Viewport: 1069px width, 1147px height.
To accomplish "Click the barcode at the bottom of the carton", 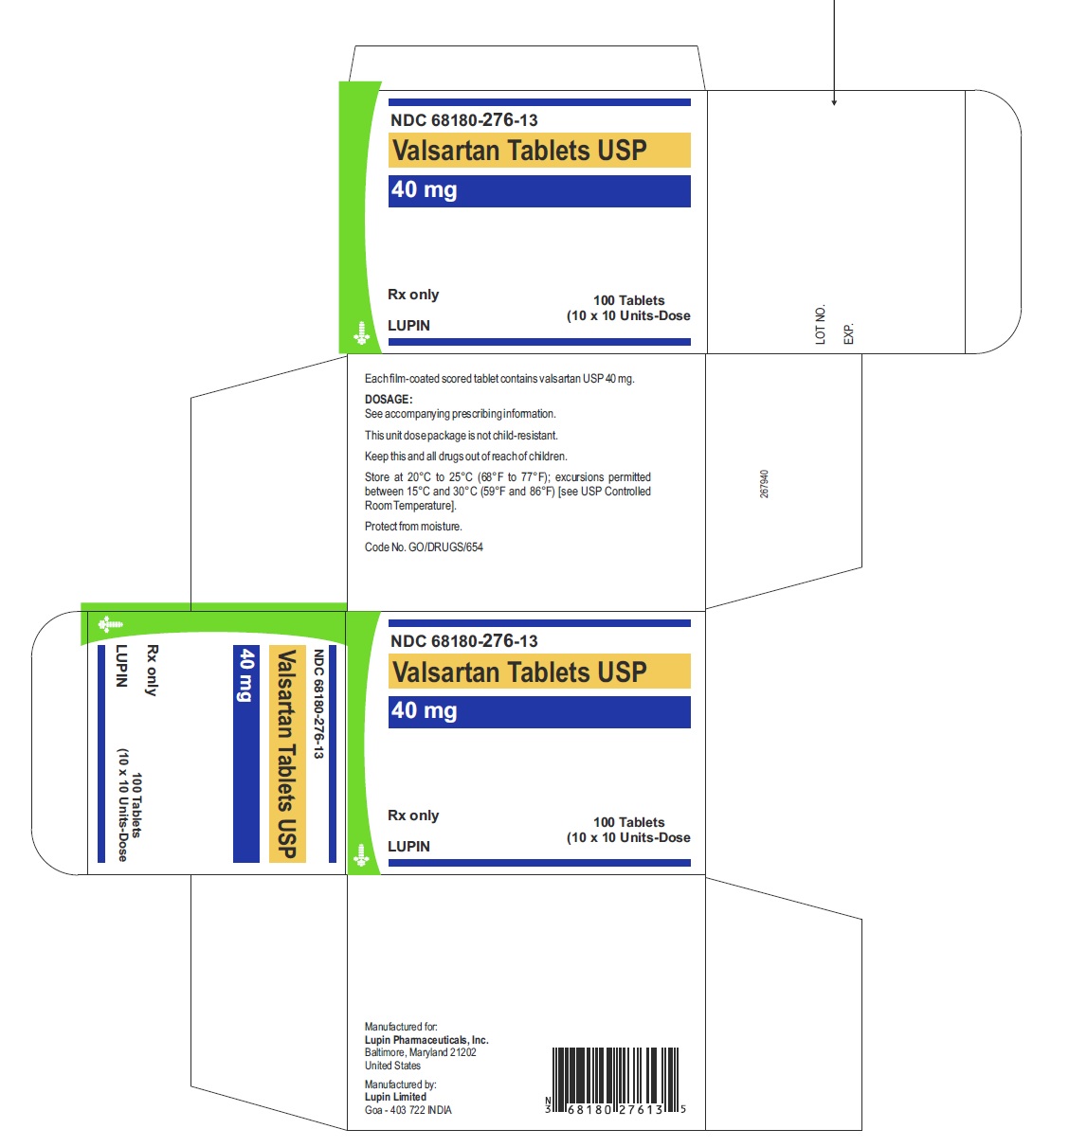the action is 615,1080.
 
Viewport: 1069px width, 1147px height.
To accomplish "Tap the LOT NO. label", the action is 820,324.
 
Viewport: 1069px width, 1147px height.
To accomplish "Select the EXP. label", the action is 848,333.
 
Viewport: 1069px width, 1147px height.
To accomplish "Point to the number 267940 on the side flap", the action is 764,483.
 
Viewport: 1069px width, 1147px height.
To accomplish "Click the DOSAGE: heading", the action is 388,399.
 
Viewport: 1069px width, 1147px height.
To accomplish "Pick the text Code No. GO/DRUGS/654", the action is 424,547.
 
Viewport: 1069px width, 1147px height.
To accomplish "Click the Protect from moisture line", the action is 413,526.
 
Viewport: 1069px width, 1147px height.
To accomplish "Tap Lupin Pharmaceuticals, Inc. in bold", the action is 426,1039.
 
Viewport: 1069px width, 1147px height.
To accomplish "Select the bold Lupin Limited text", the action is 395,1096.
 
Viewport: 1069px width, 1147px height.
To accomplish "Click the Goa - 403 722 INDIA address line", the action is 408,1109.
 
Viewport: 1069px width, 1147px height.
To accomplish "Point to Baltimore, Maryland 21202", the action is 420,1051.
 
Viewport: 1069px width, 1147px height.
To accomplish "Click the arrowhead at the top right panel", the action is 833,102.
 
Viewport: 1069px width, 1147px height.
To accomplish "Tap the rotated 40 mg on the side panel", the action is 246,674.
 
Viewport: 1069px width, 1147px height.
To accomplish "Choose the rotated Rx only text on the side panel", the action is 152,670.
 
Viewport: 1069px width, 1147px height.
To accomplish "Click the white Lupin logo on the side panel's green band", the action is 110,624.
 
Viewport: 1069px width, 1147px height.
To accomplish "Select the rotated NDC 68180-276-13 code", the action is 318,704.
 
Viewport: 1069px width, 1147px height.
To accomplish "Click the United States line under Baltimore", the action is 392,1065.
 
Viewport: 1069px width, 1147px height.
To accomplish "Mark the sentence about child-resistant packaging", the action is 461,435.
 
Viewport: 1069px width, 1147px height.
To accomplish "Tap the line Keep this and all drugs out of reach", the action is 465,456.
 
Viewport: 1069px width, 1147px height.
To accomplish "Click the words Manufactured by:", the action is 400,1084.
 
